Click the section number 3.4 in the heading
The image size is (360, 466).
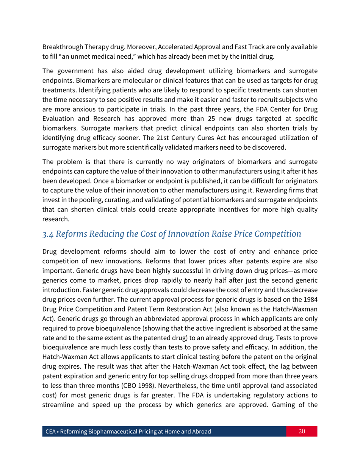click(48, 234)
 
